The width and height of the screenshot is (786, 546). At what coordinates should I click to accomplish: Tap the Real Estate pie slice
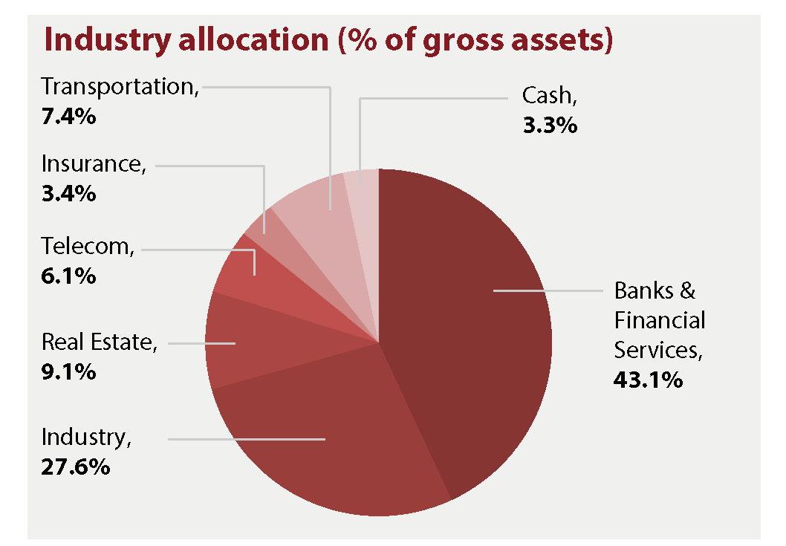(245, 342)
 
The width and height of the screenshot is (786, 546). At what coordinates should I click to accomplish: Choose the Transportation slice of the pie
(312, 204)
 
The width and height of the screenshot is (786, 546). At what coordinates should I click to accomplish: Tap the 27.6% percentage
(76, 467)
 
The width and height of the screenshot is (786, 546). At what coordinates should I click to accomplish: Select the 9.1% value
(68, 371)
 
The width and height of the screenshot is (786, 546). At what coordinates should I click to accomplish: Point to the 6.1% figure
(68, 276)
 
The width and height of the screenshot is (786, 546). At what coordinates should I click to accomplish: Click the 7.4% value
(68, 116)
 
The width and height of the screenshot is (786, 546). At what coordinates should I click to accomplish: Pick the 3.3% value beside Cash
(549, 125)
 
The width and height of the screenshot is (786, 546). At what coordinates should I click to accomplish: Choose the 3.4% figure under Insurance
(68, 195)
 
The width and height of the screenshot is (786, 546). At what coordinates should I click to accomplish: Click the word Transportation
(119, 87)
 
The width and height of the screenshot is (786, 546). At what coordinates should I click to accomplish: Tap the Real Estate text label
(98, 342)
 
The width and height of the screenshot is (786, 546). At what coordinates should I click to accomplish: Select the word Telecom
(86, 246)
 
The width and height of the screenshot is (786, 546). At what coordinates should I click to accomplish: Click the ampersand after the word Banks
(688, 290)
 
